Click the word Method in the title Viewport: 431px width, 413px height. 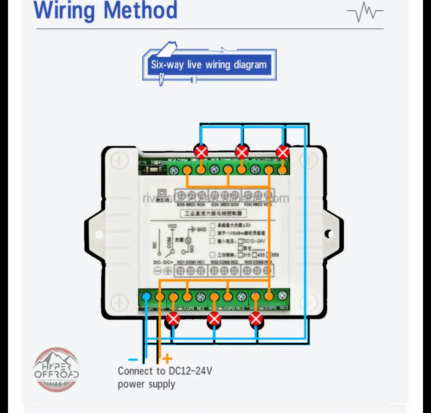tap(140, 11)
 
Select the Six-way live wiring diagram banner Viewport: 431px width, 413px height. tap(209, 64)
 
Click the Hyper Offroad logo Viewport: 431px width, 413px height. tap(56, 369)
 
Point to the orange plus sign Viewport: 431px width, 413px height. tap(167, 359)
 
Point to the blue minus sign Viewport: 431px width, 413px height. tap(133, 360)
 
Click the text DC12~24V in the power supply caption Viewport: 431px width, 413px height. tap(190, 371)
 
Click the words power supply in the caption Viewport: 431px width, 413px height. tap(146, 384)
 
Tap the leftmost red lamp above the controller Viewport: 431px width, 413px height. tap(201, 152)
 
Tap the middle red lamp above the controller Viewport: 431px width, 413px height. tap(242, 152)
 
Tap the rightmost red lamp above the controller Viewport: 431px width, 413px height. tap(283, 152)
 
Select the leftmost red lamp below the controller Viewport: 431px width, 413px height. tap(173, 319)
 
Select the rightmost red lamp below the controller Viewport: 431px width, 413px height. tap(256, 319)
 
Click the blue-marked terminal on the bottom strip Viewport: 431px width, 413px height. tap(146, 296)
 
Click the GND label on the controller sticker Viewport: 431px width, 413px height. tap(201, 229)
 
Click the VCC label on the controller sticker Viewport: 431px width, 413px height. tap(172, 226)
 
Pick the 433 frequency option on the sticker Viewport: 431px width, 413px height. tap(261, 255)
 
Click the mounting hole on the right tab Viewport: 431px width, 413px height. tap(329, 234)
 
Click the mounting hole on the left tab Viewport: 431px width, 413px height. tap(99, 234)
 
